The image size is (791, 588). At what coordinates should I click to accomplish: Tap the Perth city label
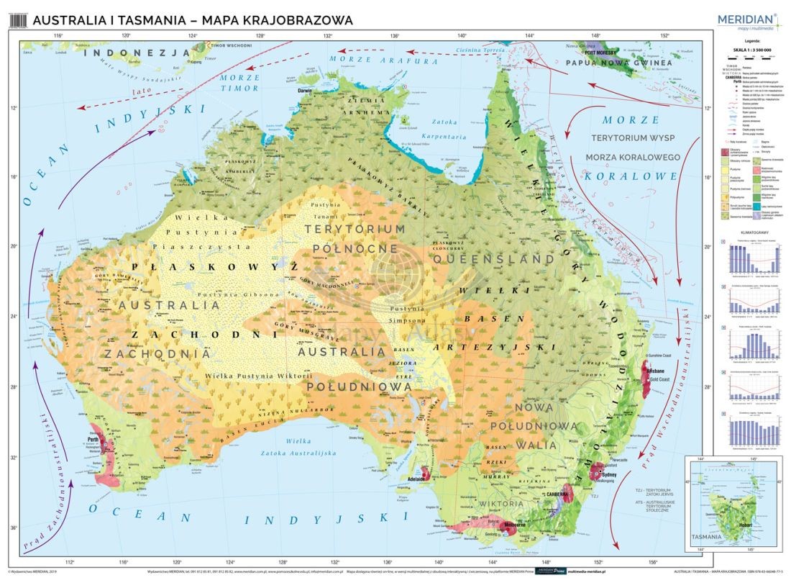click(93, 440)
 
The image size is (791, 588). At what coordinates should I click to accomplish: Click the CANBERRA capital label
click(557, 494)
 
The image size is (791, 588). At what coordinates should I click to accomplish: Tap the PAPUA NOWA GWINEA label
click(619, 63)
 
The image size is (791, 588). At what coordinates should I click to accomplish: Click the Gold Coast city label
click(659, 379)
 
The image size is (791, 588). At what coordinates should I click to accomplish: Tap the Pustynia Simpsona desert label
click(406, 315)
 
